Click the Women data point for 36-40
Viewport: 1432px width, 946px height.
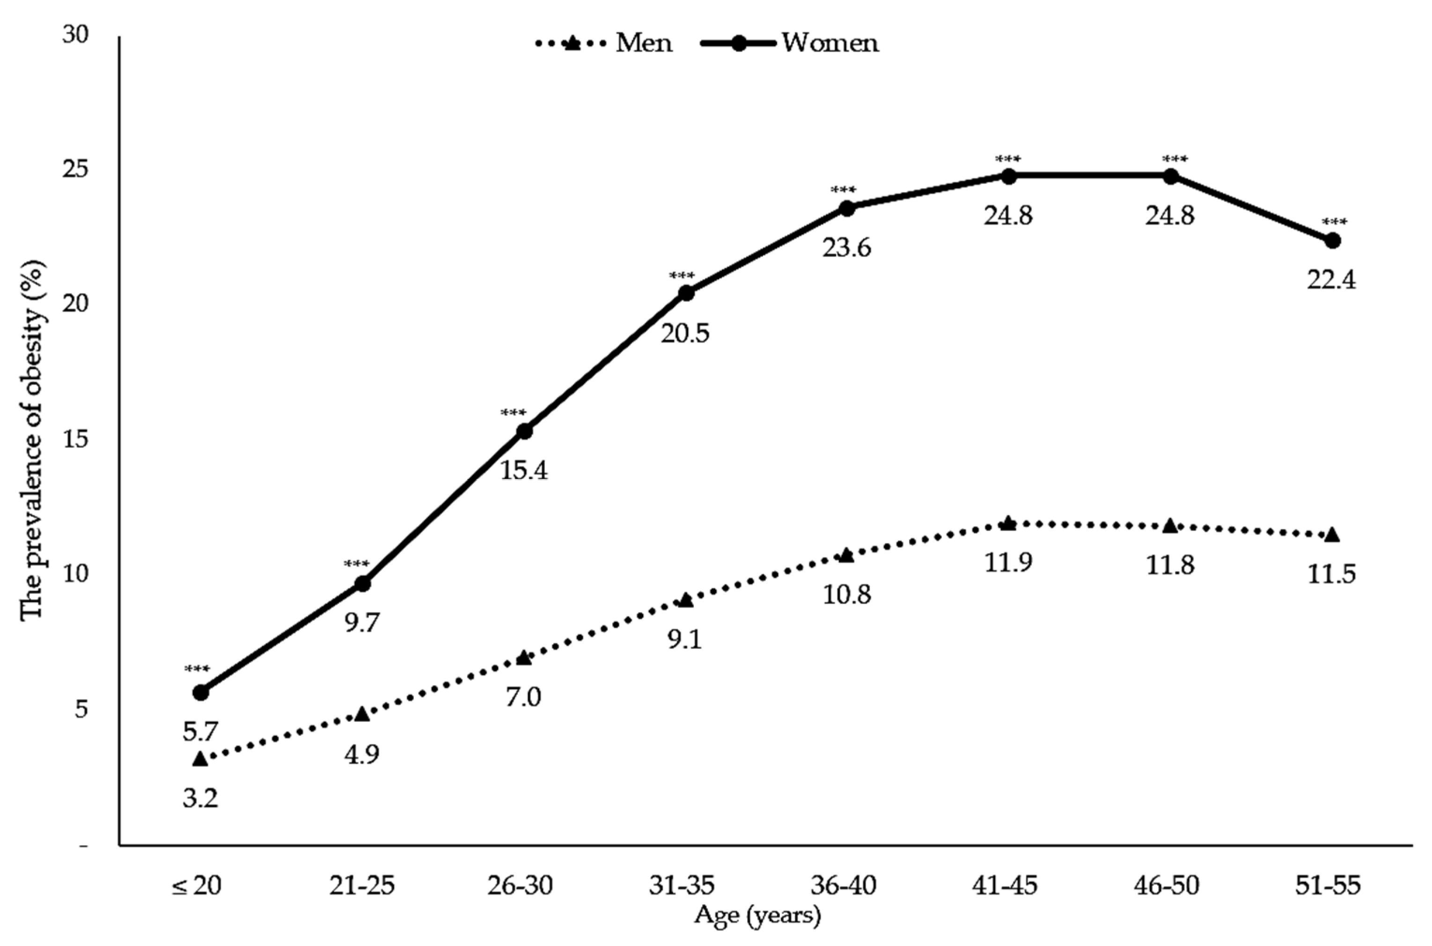pos(846,209)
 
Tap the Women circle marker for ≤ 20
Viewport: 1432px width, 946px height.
pos(201,692)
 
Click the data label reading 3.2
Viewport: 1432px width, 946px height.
pos(200,798)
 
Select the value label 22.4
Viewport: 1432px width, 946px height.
pos(1331,280)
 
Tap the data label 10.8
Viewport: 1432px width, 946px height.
pos(846,595)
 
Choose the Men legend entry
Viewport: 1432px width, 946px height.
pos(604,44)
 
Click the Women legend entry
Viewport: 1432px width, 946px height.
pos(791,44)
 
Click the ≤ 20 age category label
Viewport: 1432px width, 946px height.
pos(197,886)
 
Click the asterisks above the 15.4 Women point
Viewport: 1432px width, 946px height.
pos(513,413)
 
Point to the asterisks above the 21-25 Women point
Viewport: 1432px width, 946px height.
pos(356,565)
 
